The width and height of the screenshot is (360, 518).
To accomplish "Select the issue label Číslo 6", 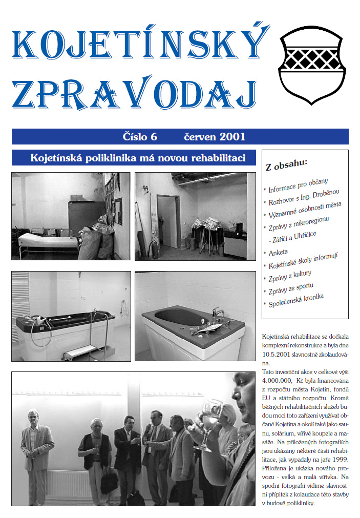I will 139,137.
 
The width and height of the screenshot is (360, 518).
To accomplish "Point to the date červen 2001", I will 215,137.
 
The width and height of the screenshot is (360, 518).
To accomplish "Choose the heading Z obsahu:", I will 286,165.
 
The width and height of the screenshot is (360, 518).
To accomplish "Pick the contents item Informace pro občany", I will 298,186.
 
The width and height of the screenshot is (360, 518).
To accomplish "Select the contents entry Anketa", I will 278,253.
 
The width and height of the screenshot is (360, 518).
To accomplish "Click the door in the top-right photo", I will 167,221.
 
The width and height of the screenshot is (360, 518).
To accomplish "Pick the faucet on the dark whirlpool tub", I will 217,312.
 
